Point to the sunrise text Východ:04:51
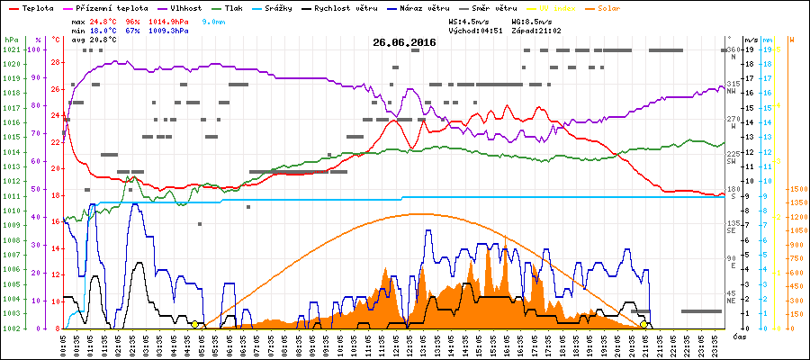click(473, 30)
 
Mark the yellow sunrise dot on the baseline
click(195, 324)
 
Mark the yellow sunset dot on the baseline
click(644, 324)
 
